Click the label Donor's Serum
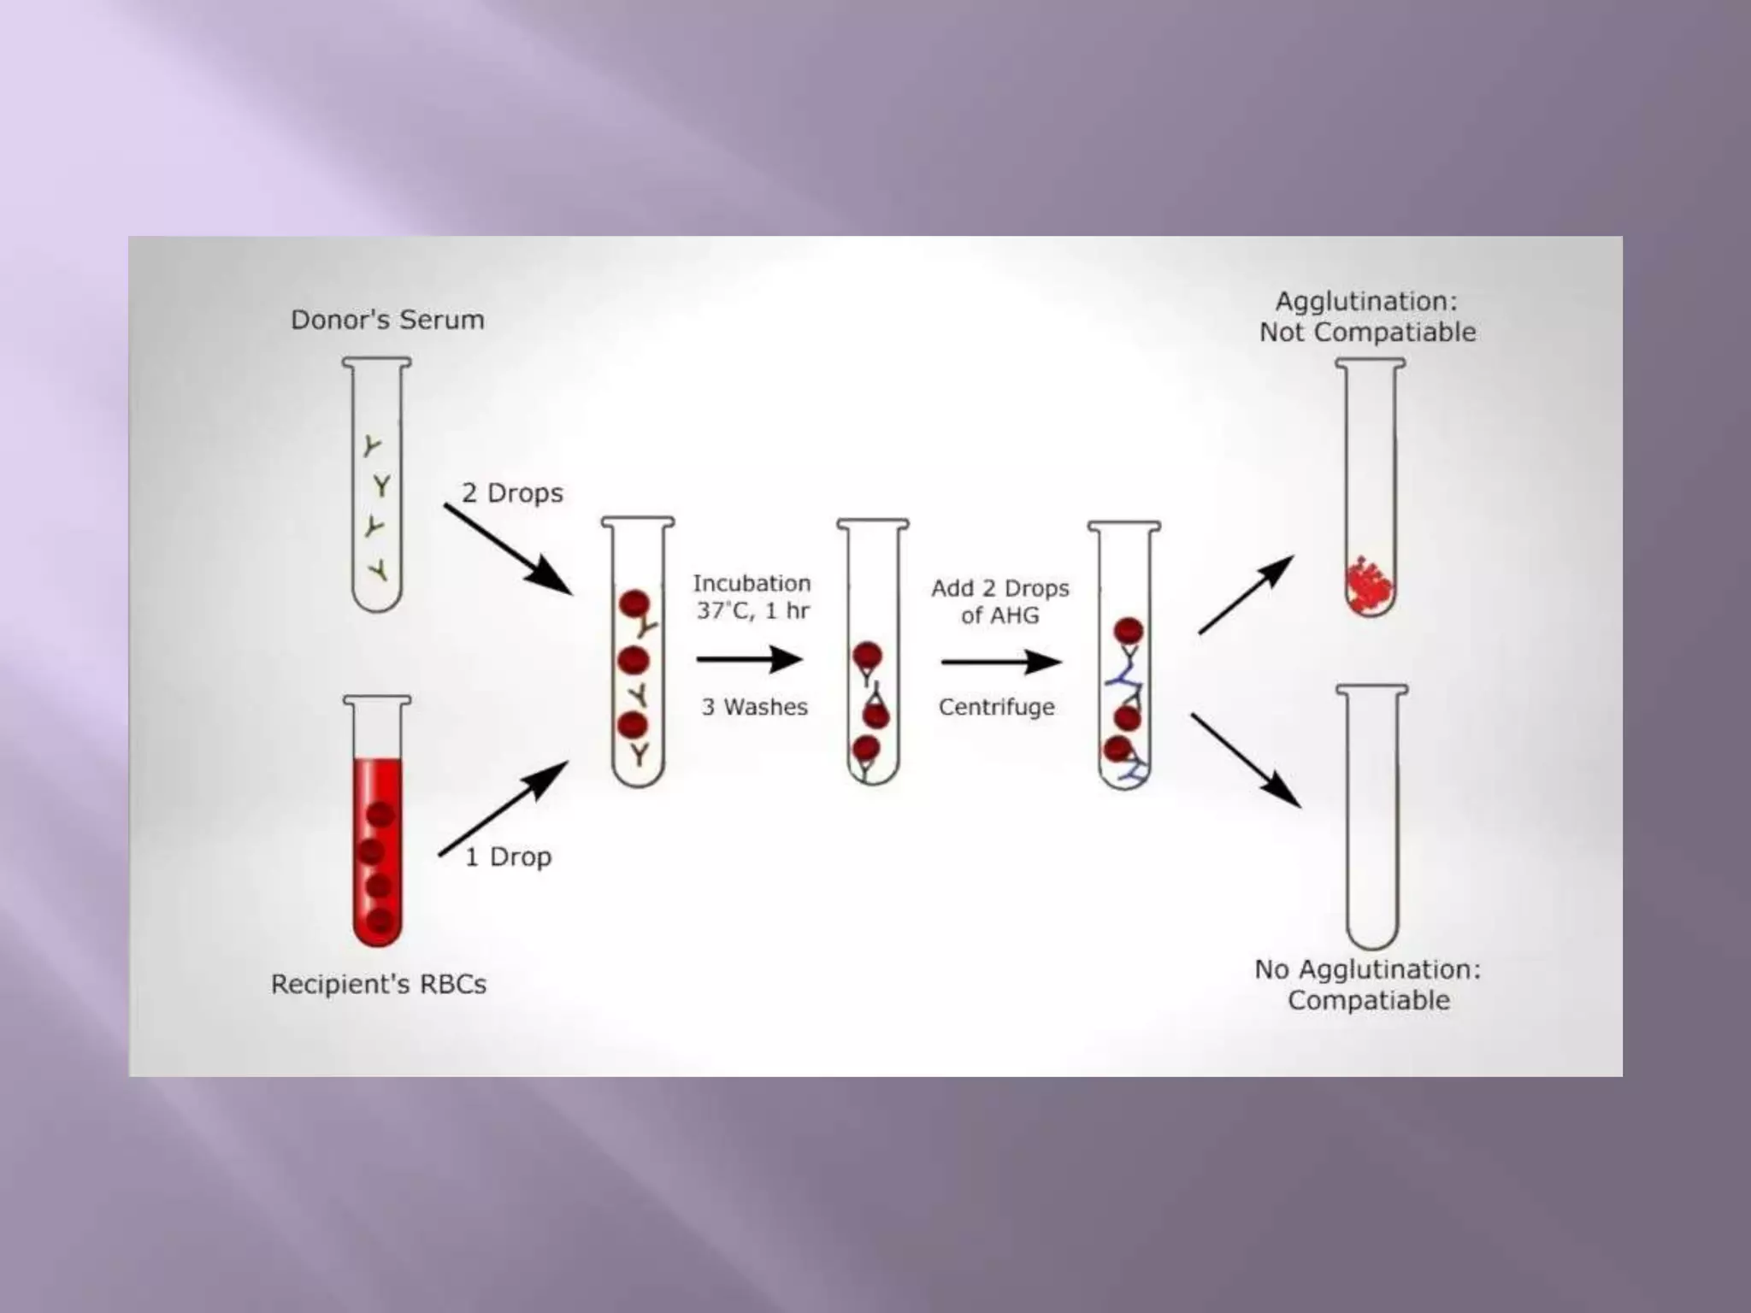pyautogui.click(x=387, y=320)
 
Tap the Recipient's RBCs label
pyautogui.click(x=379, y=984)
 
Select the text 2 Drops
pyautogui.click(x=512, y=493)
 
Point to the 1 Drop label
pyautogui.click(x=508, y=857)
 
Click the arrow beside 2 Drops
pyautogui.click(x=508, y=549)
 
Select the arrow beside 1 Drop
pyautogui.click(x=504, y=808)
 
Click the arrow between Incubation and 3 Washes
pyautogui.click(x=750, y=659)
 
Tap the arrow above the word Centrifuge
pyautogui.click(x=1001, y=662)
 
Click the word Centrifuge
pyautogui.click(x=996, y=707)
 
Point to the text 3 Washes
pyautogui.click(x=754, y=707)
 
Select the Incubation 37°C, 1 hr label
pyautogui.click(x=752, y=597)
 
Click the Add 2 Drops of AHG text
pyautogui.click(x=999, y=601)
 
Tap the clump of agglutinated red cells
pyautogui.click(x=1370, y=585)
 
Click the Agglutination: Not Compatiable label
pyautogui.click(x=1367, y=316)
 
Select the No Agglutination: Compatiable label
pyautogui.click(x=1368, y=985)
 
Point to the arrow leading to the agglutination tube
pyautogui.click(x=1247, y=594)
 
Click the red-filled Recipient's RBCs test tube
pyautogui.click(x=377, y=821)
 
